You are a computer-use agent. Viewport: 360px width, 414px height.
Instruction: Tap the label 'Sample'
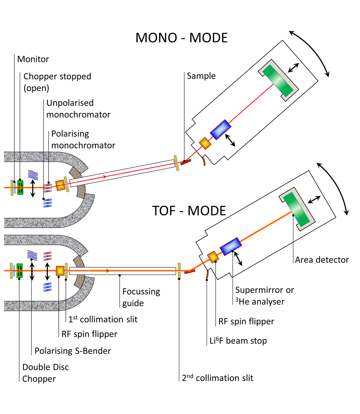click(x=201, y=76)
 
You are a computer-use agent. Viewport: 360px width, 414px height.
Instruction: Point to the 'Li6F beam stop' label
click(x=238, y=340)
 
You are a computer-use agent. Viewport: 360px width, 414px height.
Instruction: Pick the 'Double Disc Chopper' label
click(x=45, y=373)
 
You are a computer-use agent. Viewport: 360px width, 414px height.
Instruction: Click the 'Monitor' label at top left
click(x=36, y=58)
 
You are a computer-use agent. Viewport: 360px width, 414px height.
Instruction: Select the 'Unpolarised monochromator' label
click(x=78, y=109)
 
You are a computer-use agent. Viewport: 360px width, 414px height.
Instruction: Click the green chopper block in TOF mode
click(x=19, y=270)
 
